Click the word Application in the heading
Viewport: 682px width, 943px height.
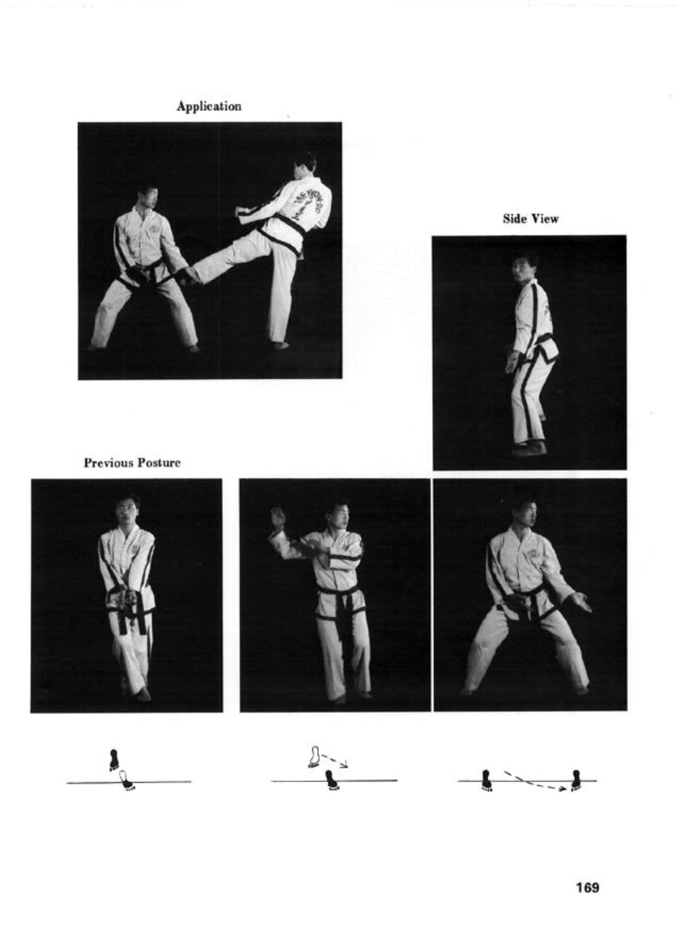coord(209,106)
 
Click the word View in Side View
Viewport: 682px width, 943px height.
coord(545,219)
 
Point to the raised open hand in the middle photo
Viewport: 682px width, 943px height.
coord(277,518)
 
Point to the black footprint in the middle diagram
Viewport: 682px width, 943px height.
coord(330,780)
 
